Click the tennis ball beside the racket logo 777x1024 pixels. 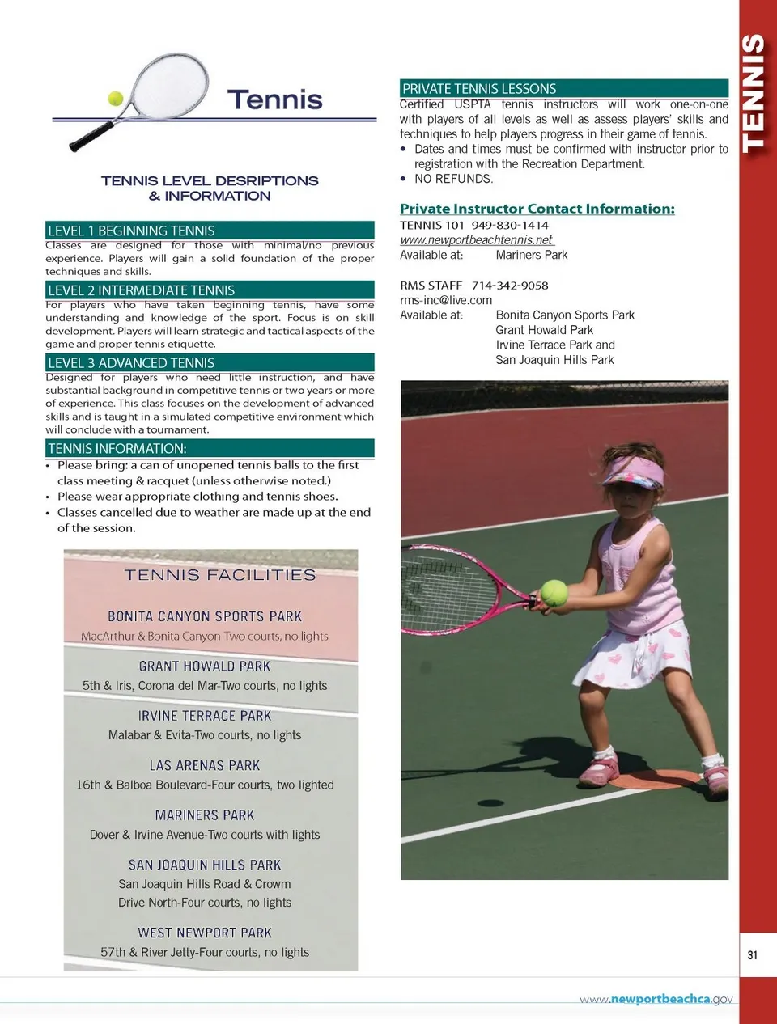[116, 98]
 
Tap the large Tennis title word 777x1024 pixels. [274, 99]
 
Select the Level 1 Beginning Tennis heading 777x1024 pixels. [131, 231]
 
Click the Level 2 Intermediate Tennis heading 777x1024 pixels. [141, 290]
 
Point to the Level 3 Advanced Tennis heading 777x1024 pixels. [131, 363]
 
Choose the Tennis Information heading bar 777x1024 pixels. [117, 448]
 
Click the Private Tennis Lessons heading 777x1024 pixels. [479, 88]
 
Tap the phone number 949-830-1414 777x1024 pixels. [510, 225]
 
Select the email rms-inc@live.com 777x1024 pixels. [446, 300]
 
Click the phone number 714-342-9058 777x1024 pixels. [510, 286]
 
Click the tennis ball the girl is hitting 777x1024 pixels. [554, 592]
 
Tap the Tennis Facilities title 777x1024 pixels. [220, 575]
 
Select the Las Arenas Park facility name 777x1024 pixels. [205, 765]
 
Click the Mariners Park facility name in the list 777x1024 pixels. [205, 815]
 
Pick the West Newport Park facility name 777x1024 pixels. [205, 933]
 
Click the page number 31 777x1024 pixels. [753, 955]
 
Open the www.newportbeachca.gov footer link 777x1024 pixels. [656, 999]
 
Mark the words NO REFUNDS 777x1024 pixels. [453, 179]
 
